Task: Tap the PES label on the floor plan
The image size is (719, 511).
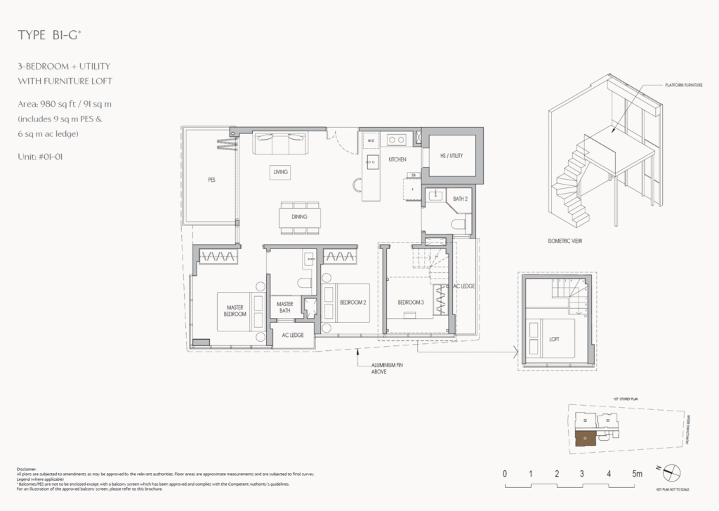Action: click(x=211, y=180)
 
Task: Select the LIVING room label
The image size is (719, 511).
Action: click(x=281, y=171)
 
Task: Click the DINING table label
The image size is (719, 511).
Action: click(x=299, y=217)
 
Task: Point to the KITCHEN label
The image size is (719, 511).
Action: click(x=397, y=159)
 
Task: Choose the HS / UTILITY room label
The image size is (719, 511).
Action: click(x=451, y=154)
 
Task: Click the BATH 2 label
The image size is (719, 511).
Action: click(x=460, y=199)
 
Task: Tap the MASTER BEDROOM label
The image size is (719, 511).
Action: click(x=236, y=311)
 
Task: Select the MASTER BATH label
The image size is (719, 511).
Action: click(x=284, y=307)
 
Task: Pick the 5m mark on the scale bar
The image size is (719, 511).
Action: click(x=636, y=474)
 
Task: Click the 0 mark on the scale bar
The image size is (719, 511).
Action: click(x=505, y=474)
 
